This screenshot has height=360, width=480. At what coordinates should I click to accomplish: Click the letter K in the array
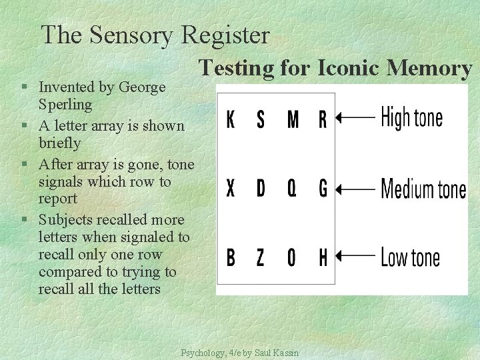[231, 120]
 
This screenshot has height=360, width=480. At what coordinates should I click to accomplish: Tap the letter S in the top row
[261, 120]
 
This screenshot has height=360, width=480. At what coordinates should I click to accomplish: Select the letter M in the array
[292, 120]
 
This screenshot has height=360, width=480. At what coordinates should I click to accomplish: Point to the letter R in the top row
[323, 120]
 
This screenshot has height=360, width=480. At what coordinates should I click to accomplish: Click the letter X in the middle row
[231, 189]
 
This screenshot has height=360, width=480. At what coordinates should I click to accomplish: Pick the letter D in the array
[261, 189]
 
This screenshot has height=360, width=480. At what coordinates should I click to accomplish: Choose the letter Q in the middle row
[292, 189]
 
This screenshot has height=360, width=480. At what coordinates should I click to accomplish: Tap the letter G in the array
[323, 189]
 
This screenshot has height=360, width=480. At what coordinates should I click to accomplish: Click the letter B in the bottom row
[231, 257]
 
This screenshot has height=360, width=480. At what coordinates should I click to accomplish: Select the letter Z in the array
[261, 257]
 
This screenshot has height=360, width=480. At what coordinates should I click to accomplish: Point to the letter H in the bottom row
[323, 257]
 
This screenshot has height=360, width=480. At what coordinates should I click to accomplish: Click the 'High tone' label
[411, 119]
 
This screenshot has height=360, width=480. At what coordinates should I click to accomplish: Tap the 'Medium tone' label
[423, 189]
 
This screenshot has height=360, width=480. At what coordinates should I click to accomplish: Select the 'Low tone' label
[410, 257]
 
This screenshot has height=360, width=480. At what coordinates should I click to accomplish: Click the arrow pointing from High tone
[355, 119]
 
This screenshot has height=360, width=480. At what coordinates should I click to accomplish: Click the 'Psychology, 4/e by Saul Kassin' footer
[240, 353]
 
